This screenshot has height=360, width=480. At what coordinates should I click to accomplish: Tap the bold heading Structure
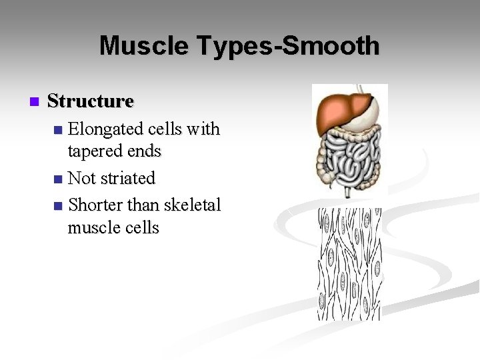(91, 101)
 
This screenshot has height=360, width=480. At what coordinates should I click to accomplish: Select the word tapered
(98, 151)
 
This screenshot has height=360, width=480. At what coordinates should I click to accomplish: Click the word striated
(129, 179)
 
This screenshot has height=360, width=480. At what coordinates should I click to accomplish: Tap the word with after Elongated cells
(203, 129)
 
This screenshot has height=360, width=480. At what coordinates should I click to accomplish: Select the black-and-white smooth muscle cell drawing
(349, 263)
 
